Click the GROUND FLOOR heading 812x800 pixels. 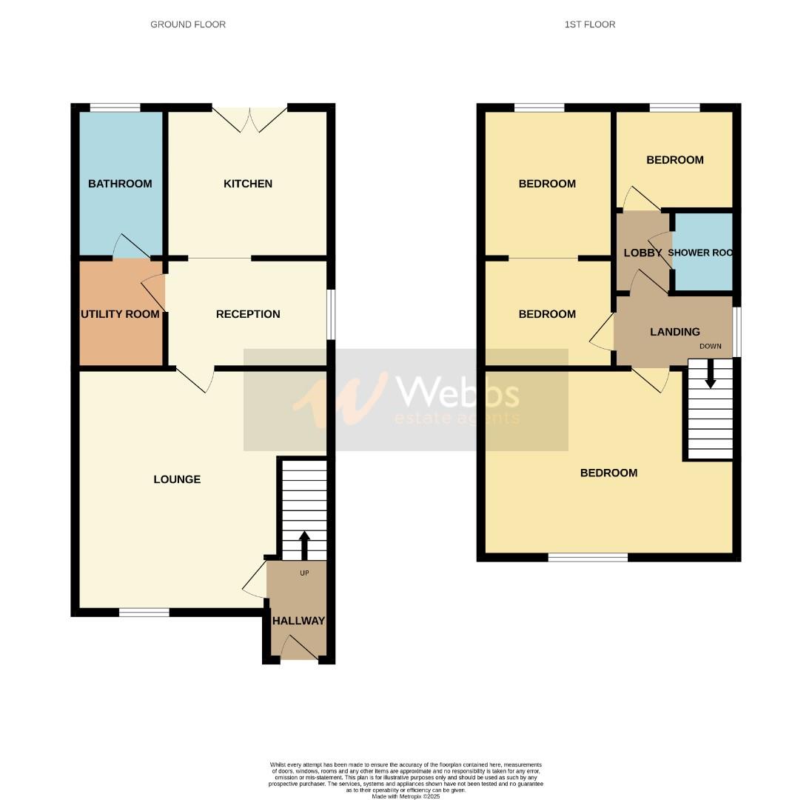[x=188, y=24]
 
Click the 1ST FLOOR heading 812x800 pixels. [x=589, y=24]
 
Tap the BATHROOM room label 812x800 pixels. [x=120, y=184]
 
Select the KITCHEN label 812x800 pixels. [x=248, y=184]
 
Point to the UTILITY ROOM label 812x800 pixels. [x=120, y=314]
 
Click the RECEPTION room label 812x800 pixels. [x=248, y=314]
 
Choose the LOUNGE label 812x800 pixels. [x=177, y=479]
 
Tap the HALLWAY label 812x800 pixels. [x=298, y=621]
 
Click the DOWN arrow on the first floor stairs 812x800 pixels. [x=711, y=374]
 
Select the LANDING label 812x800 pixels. [x=675, y=332]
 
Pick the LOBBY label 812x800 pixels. [x=642, y=253]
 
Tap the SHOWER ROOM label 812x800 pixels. [x=700, y=253]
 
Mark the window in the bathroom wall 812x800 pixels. [x=115, y=108]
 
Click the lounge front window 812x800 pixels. [x=144, y=613]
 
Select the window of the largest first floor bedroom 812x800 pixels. [x=588, y=557]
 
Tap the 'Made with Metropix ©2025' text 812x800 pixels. [x=406, y=796]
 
